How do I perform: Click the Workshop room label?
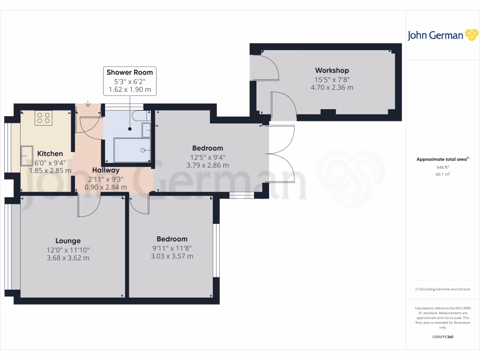pyautogui.click(x=332, y=70)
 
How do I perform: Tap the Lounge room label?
pyautogui.click(x=68, y=241)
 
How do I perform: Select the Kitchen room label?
pyautogui.click(x=50, y=154)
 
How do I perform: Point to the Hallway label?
pyautogui.click(x=105, y=170)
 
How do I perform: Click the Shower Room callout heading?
pyautogui.click(x=130, y=72)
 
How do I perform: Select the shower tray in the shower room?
pyautogui.click(x=132, y=150)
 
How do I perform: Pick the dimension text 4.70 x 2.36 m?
pyautogui.click(x=332, y=87)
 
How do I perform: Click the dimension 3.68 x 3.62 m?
pyautogui.click(x=68, y=258)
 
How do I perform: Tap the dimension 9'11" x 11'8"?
pyautogui.click(x=172, y=248)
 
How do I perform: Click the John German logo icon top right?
pyautogui.click(x=471, y=35)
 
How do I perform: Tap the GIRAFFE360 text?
pyautogui.click(x=442, y=337)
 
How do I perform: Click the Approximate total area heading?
pyautogui.click(x=442, y=159)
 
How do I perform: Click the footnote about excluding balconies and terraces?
pyautogui.click(x=442, y=289)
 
